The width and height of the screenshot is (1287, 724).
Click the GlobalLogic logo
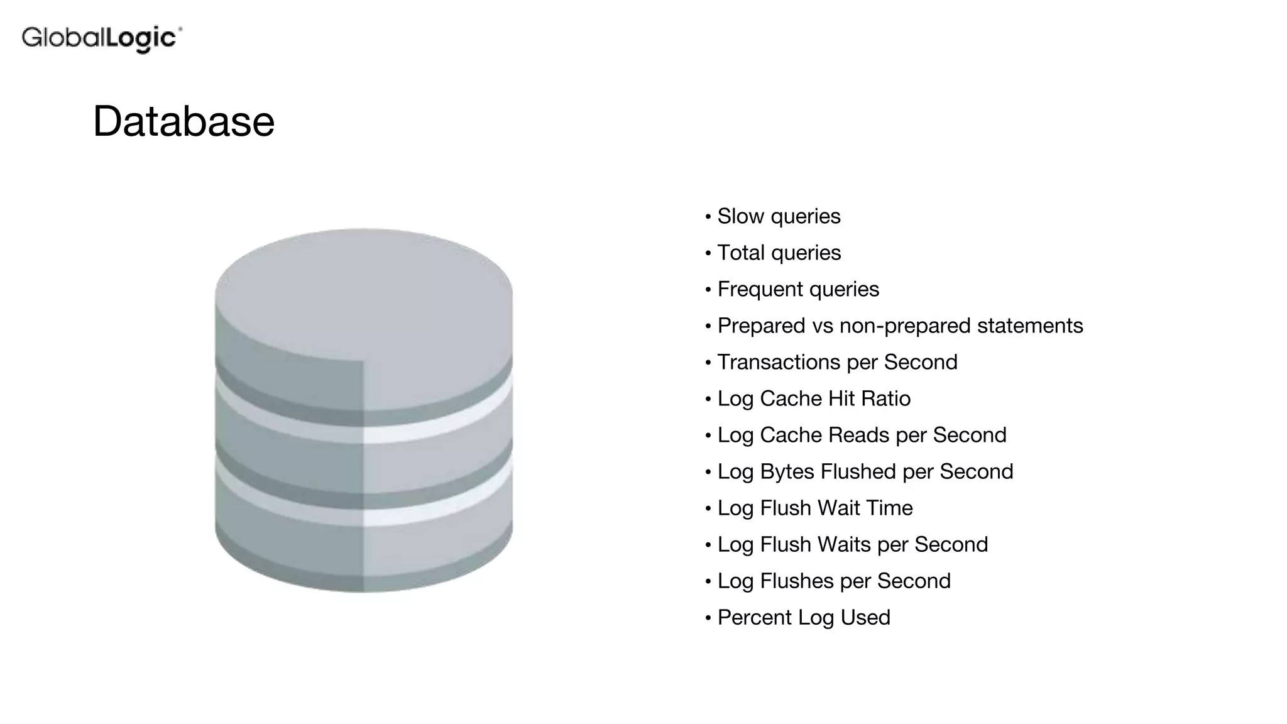[x=102, y=38]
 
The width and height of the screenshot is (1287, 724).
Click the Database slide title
[x=183, y=121]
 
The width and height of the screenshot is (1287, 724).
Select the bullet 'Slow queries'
[x=779, y=216]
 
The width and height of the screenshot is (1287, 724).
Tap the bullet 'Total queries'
[x=779, y=253]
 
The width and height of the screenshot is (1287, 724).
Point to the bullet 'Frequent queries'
[x=798, y=289]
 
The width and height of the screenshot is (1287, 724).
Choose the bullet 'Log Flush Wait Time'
[x=814, y=508]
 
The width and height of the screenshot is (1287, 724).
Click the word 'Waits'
[x=844, y=544]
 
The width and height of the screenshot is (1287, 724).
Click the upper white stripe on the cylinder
[x=434, y=427]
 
